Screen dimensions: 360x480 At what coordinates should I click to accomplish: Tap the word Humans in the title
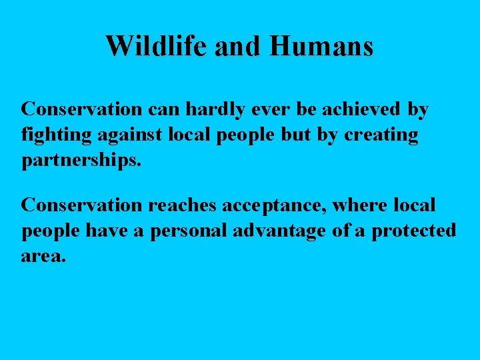322,46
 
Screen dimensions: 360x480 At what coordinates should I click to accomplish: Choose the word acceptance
279,205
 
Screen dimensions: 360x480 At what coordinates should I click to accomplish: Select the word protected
413,231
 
